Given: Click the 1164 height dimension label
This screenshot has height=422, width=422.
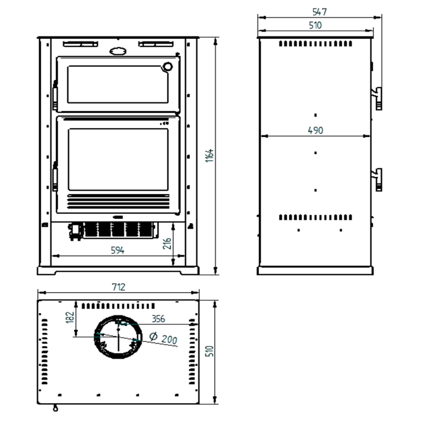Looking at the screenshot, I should (210, 155).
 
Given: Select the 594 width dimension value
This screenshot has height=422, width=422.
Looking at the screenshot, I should (117, 250).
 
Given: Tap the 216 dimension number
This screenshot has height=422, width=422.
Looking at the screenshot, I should (167, 243).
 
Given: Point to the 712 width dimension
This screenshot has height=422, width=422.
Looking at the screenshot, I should (119, 287).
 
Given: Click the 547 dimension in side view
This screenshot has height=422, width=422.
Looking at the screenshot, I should (320, 12).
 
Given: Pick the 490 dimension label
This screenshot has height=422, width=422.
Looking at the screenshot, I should (315, 130).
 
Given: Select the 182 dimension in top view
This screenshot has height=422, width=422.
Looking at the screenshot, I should (70, 317).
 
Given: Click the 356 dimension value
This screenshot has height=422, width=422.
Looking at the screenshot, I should (158, 319).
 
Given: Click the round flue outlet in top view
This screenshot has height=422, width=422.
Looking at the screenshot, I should (119, 337).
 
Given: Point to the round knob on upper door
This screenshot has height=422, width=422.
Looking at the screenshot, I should (168, 66).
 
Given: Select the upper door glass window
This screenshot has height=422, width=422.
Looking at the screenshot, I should (118, 84).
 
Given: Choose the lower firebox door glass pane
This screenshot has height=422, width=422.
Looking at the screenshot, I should (118, 159).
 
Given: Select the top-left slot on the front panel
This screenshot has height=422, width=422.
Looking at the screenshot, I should (80, 44).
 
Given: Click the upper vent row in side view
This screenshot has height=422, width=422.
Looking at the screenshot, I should (315, 44).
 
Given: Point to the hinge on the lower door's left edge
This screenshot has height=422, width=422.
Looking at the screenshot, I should (55, 176).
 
